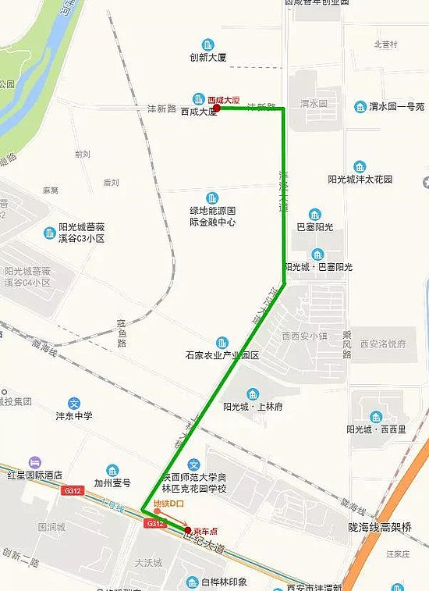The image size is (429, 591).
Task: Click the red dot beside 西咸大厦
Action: [216, 109]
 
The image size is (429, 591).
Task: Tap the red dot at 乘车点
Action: [188, 529]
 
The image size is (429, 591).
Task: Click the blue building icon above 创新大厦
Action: [207, 45]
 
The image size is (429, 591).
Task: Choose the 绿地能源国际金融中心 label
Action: [212, 216]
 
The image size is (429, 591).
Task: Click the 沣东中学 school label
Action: [74, 416]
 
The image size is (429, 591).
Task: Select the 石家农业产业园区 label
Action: [222, 355]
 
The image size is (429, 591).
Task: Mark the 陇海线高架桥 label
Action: [379, 527]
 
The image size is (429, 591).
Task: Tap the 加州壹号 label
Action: [112, 482]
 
